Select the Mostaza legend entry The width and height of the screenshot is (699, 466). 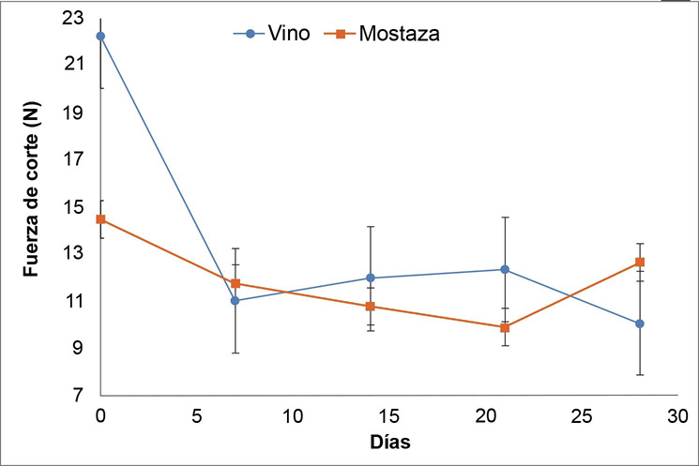click(x=385, y=34)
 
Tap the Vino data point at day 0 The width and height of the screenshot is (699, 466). click(x=100, y=36)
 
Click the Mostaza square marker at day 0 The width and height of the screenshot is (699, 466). click(x=100, y=219)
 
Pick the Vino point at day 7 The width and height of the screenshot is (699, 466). click(x=236, y=300)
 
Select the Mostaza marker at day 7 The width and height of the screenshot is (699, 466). click(x=236, y=283)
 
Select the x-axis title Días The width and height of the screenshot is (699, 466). click(x=388, y=440)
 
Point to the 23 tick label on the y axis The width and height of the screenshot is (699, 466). click(x=73, y=17)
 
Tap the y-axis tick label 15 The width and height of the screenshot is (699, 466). click(x=73, y=206)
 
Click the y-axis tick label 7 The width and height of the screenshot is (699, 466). click(x=78, y=396)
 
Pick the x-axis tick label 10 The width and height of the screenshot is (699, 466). click(x=293, y=413)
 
